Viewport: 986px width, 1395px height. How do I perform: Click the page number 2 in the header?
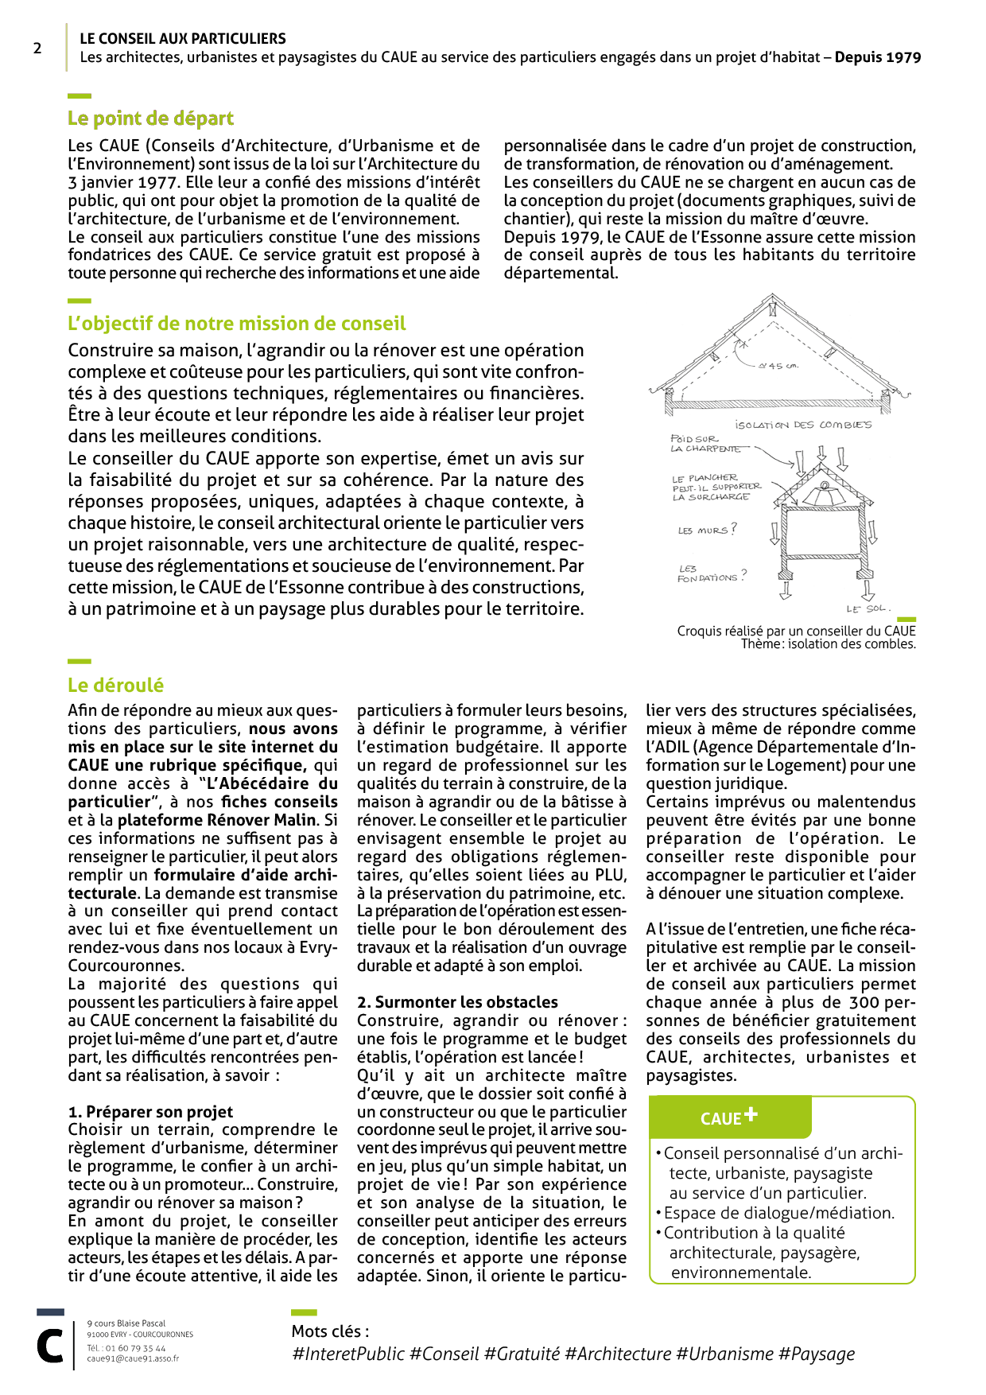coord(37,49)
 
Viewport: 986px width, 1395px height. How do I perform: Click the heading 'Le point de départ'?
coord(150,119)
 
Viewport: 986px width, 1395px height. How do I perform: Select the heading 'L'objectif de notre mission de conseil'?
coord(236,324)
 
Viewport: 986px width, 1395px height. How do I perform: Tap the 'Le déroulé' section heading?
coord(115,686)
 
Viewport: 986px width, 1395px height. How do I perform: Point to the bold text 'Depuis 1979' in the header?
coord(877,57)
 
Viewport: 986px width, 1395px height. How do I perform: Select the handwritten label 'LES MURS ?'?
coord(707,530)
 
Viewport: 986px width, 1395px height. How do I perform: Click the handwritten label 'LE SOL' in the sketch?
coord(867,608)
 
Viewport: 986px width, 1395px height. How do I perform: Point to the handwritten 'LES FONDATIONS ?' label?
coord(710,574)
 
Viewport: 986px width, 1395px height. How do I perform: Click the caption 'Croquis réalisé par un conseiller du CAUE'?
coord(796,631)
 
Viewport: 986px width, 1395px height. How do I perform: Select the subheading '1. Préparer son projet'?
coord(150,1112)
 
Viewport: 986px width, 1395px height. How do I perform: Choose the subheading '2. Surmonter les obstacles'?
coord(457,1002)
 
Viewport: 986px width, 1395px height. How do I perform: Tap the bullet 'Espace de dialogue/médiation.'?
coord(778,1213)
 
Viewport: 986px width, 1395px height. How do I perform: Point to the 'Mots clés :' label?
coord(330,1331)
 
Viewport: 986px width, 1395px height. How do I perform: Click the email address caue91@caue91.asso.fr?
coord(133,1358)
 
